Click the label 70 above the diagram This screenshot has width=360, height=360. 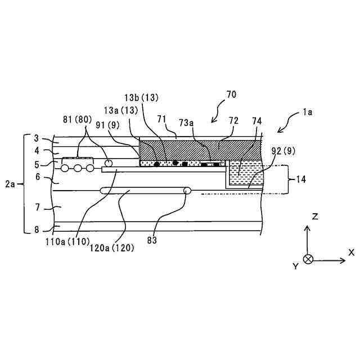(x=231, y=94)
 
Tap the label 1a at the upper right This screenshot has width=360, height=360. (x=307, y=112)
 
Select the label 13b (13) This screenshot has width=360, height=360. (x=141, y=98)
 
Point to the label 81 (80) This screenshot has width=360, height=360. (x=78, y=119)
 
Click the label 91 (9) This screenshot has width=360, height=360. (x=108, y=125)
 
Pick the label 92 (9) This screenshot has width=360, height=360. (x=283, y=151)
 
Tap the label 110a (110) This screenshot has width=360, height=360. (x=67, y=242)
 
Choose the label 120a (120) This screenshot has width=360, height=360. (x=111, y=247)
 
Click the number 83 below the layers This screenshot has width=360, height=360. (x=152, y=240)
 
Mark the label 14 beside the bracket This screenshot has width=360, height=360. (x=301, y=179)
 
